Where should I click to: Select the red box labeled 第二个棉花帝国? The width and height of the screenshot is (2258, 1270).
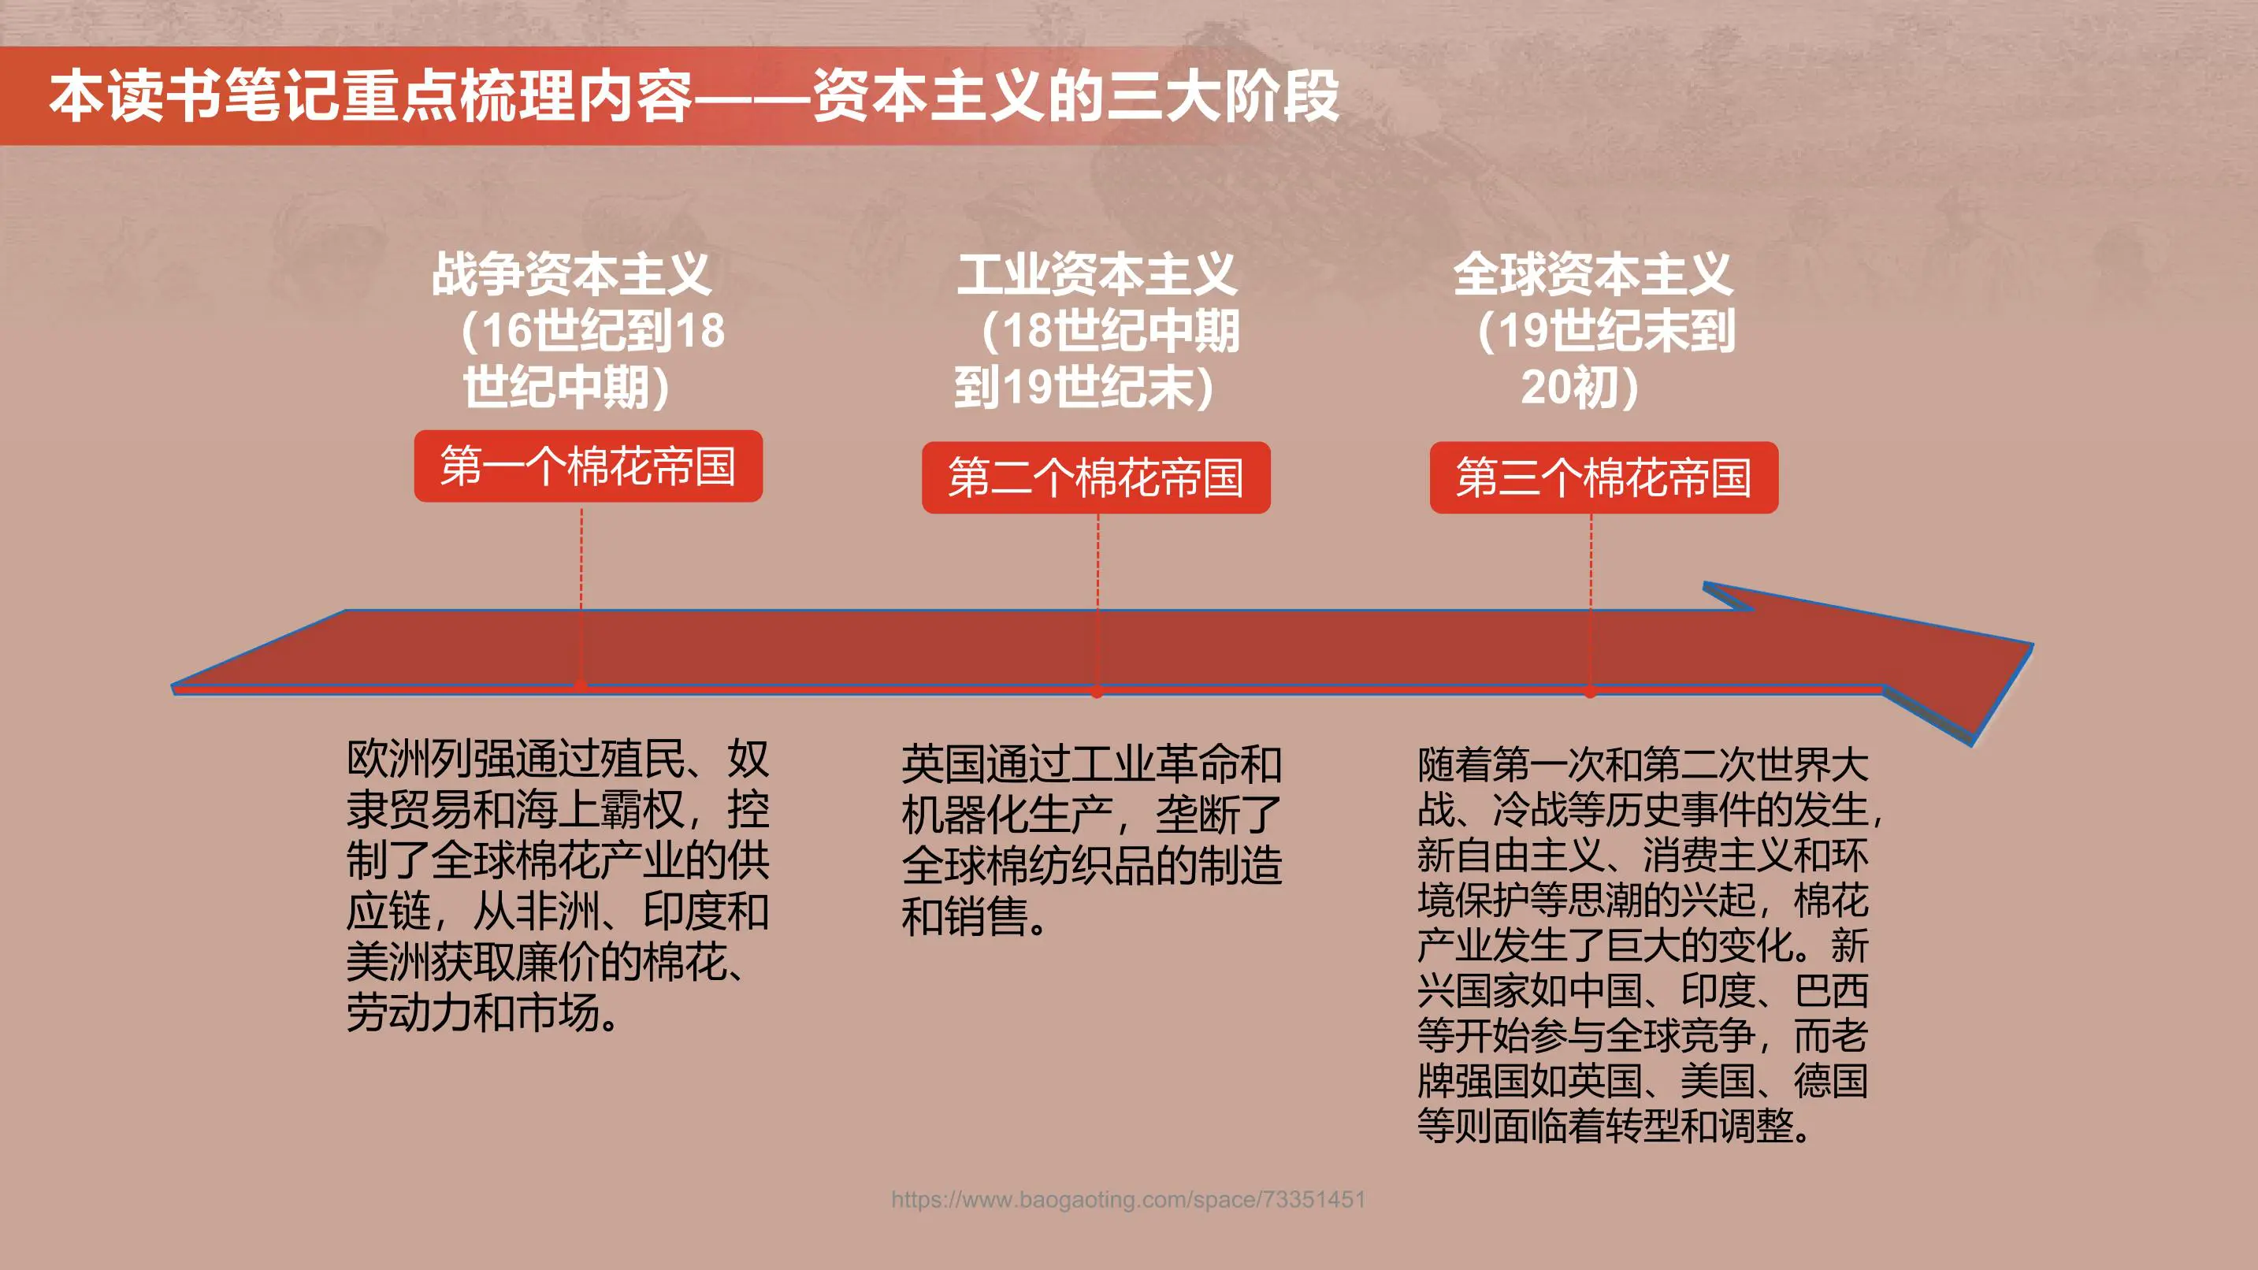[1096, 477]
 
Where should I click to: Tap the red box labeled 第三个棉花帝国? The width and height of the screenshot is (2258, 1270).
[1603, 477]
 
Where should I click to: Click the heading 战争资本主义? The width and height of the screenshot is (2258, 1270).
[570, 274]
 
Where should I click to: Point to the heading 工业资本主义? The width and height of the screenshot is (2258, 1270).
[1097, 274]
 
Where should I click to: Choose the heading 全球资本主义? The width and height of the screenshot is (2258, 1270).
[1593, 274]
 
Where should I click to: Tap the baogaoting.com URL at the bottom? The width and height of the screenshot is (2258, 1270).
[1128, 1199]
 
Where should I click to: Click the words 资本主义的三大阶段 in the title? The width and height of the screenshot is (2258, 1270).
[1075, 95]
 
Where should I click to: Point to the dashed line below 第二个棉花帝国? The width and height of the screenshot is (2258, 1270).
[1097, 561]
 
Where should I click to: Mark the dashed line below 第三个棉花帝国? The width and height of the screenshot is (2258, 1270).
[1591, 561]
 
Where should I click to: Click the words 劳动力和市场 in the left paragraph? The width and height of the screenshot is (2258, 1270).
[474, 1013]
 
